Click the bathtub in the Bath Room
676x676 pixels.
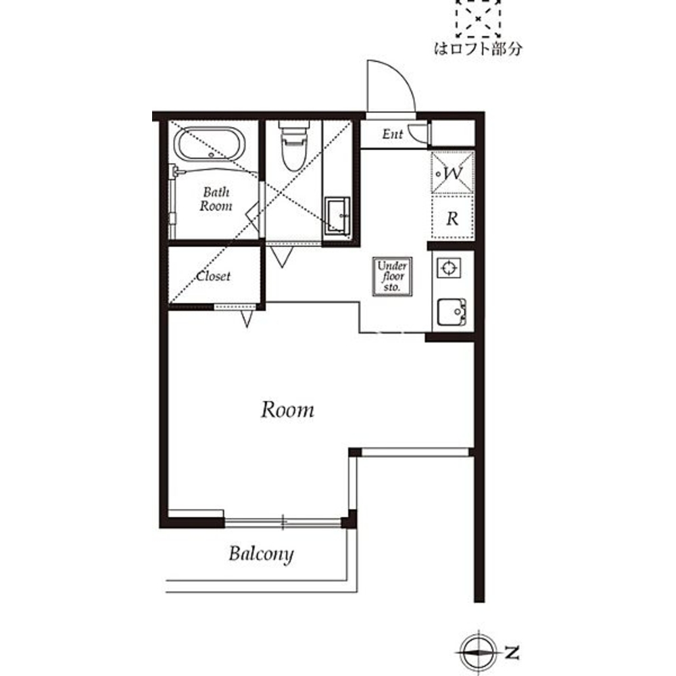tap(210, 145)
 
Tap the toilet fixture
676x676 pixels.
tap(294, 145)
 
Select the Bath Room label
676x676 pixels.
tap(216, 199)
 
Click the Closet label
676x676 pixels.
tap(214, 276)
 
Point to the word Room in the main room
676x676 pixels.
tap(287, 410)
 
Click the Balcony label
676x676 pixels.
tap(261, 554)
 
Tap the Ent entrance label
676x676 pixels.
tap(392, 134)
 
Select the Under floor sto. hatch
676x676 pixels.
tap(392, 276)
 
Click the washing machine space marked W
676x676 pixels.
tap(452, 173)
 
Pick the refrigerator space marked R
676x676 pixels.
tap(452, 218)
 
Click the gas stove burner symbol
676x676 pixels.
tap(449, 268)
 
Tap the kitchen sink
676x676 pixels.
tap(452, 312)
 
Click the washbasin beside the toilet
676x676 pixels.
tap(337, 216)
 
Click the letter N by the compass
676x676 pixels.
tap(512, 653)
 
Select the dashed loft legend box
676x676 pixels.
tap(478, 18)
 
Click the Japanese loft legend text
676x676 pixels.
tap(478, 49)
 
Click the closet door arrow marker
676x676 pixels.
tap(247, 318)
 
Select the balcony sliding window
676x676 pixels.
tap(283, 523)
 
